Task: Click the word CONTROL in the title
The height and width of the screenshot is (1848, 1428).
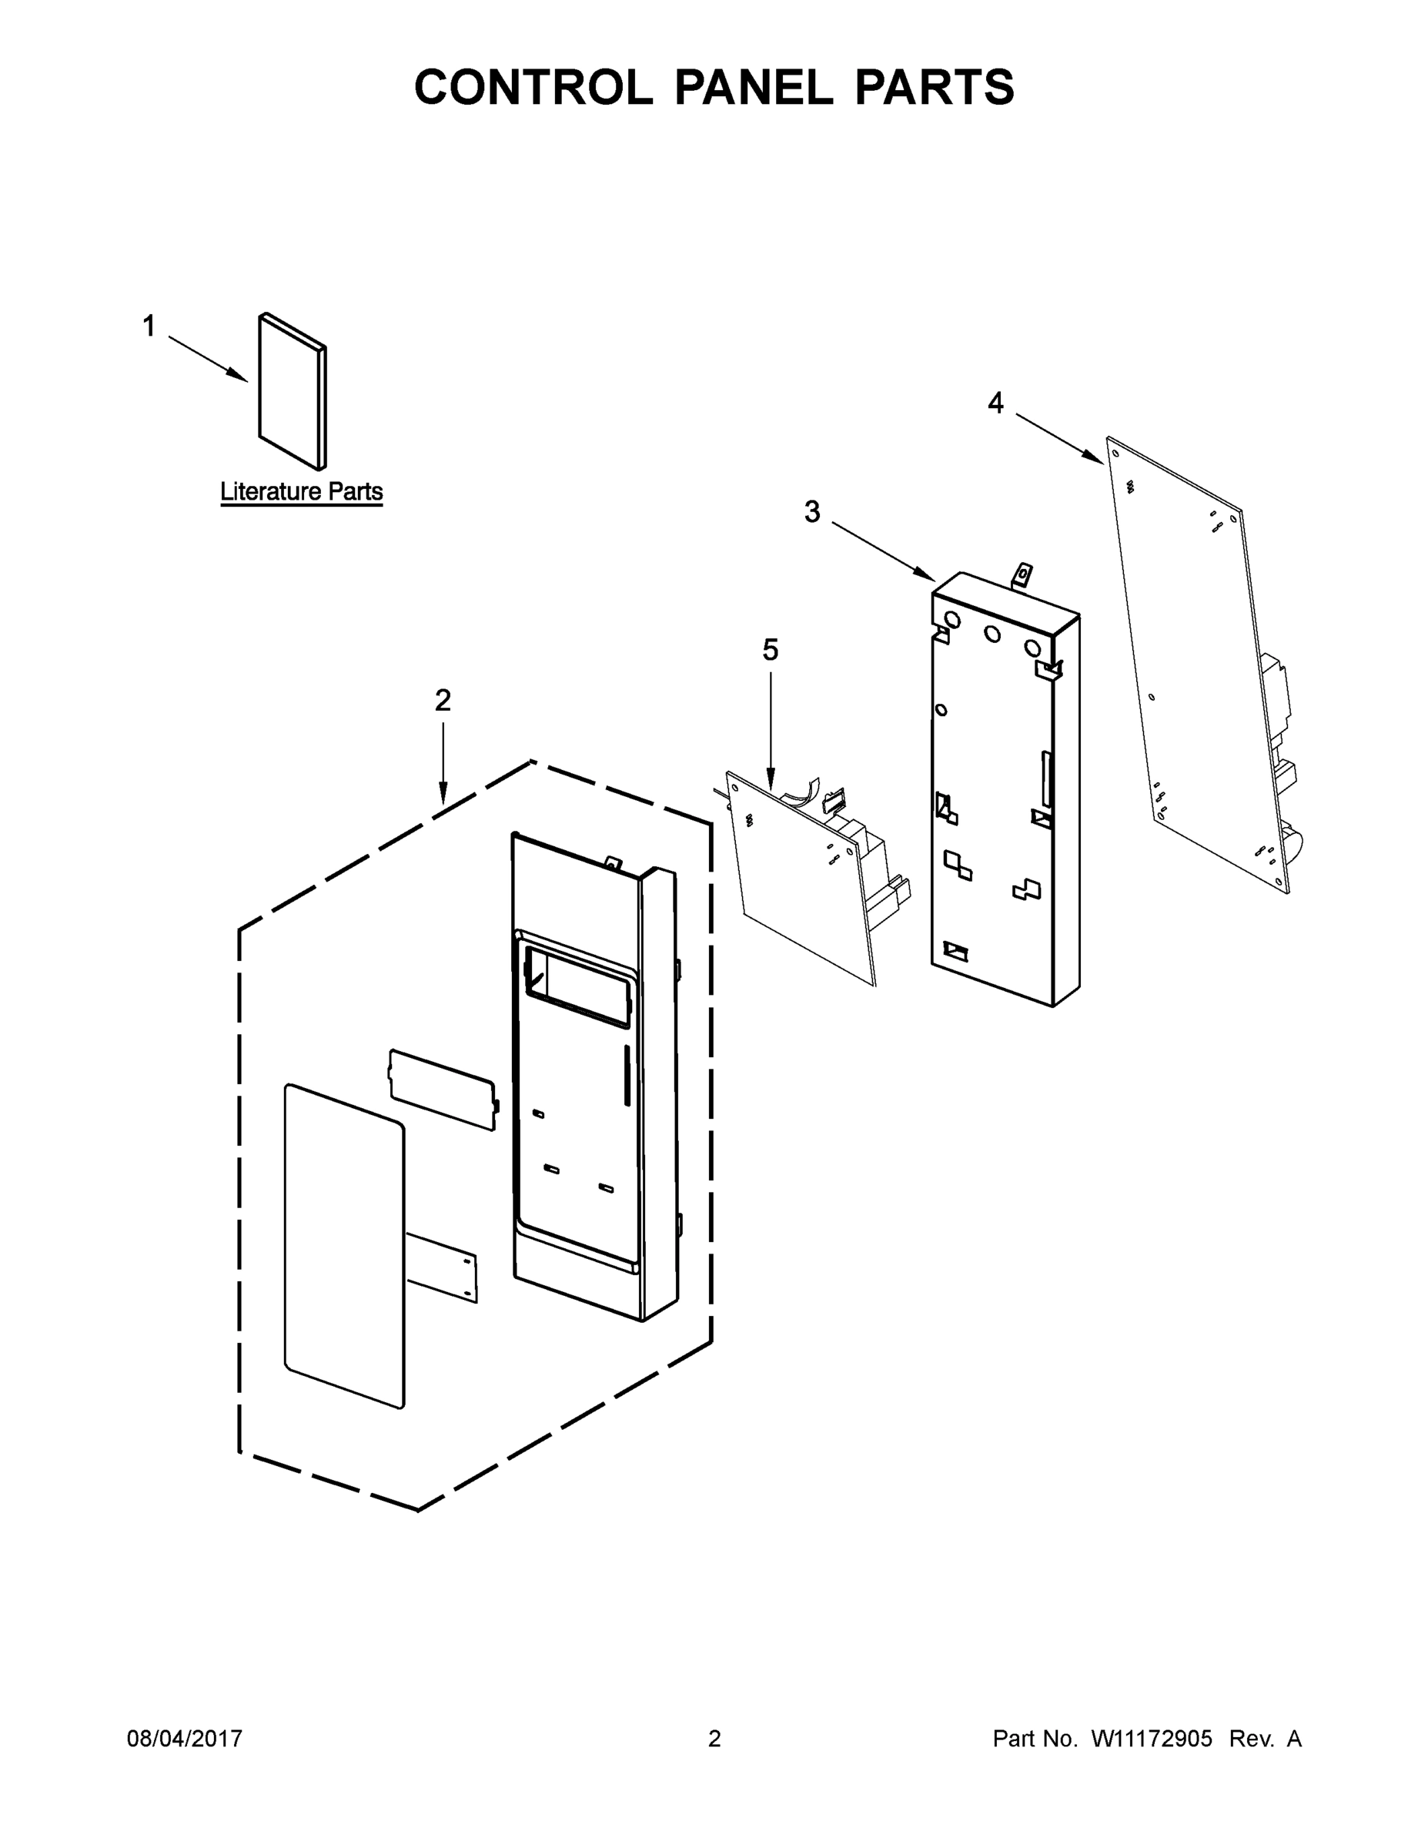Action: (x=533, y=87)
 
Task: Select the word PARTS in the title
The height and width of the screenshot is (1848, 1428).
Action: (x=934, y=87)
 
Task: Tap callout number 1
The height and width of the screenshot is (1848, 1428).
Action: (x=149, y=326)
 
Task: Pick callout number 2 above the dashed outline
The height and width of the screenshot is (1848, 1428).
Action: (x=443, y=700)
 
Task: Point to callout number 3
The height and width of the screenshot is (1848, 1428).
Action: (x=811, y=511)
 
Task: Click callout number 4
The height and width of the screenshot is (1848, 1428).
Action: (x=995, y=403)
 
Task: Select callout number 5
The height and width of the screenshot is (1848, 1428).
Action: (x=770, y=650)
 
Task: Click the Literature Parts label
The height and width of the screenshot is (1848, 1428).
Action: (x=301, y=491)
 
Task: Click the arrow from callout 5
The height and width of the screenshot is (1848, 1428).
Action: (x=771, y=728)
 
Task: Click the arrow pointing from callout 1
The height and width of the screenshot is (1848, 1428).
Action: (x=207, y=359)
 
